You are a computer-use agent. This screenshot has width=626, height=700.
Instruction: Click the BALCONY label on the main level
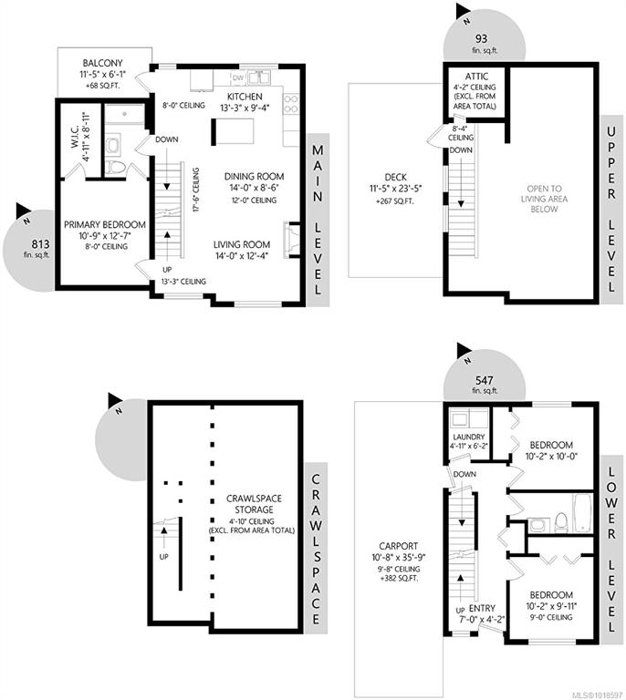pos(102,64)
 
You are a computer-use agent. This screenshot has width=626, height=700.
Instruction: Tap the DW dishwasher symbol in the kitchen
pos(238,77)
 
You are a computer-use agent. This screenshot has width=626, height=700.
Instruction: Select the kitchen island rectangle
pos(233,131)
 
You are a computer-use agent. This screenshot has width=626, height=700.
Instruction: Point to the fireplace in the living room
pos(291,240)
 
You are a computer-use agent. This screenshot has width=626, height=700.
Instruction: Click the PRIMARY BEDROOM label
pos(105,224)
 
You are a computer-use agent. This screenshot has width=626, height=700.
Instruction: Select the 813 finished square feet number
pos(40,244)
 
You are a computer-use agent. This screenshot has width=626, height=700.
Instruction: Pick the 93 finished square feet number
pos(481,38)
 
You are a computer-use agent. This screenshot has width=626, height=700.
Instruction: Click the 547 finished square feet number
pos(485,380)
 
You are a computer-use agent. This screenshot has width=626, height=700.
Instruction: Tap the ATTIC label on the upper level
pos(476,77)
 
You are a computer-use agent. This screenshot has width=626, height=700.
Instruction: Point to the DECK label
pos(395,177)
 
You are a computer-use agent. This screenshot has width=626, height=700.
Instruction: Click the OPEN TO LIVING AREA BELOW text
pos(544,199)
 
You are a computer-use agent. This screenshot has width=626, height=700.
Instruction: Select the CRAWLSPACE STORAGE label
pos(254,504)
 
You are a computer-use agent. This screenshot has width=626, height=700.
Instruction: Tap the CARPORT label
pos(399,546)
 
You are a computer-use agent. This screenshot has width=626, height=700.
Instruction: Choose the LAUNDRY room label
pos(469,437)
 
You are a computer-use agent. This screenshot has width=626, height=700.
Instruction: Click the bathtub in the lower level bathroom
pos(583,513)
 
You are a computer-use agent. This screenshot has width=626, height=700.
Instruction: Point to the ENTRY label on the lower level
pos(482,608)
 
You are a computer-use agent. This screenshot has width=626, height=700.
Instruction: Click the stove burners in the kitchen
pos(291,104)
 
